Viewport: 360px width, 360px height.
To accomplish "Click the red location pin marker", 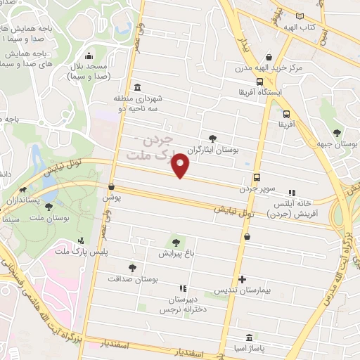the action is coord(181,166).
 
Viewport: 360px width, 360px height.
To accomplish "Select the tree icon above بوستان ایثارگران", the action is coord(214,138).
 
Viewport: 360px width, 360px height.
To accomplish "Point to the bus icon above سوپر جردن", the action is coord(257,178).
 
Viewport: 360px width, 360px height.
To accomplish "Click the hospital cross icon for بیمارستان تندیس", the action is coord(243,279).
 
